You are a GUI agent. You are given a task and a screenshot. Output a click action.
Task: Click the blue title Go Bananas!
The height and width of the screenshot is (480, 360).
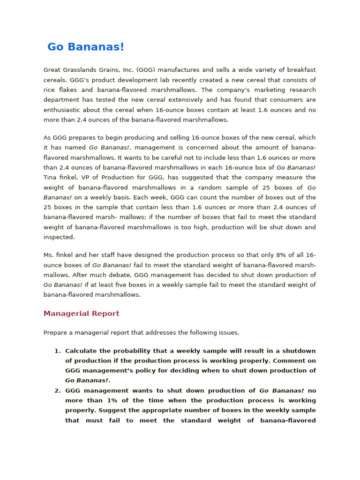coord(86,47)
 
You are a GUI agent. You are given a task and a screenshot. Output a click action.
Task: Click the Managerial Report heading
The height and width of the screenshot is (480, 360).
coord(81,314)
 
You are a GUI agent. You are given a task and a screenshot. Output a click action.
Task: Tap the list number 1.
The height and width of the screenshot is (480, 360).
coord(57,351)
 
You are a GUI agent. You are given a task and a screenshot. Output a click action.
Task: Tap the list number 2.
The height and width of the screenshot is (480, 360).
coord(57,390)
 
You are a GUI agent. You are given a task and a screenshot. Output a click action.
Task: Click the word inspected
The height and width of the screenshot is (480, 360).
coord(59,237)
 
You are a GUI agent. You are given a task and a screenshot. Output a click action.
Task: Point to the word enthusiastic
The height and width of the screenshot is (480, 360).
coord(63,110)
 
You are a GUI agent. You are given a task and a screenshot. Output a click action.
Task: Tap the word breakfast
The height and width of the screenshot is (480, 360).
coord(301,70)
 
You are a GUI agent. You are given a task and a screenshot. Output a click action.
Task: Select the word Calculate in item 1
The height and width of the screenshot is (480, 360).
coord(82,351)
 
